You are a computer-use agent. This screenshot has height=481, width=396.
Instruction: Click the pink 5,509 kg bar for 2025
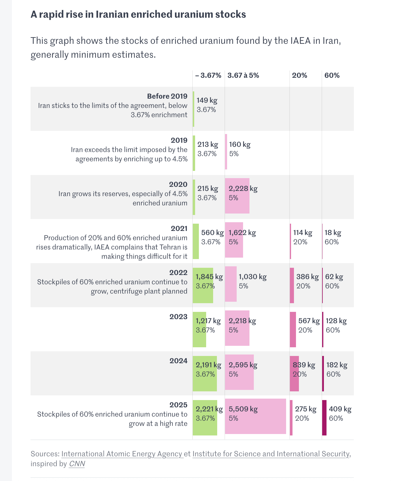coord(256,416)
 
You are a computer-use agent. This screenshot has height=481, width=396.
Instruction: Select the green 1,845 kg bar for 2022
coord(203,285)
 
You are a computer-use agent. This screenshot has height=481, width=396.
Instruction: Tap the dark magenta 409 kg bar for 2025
coord(324,418)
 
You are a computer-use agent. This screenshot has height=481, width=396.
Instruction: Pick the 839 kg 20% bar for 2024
coord(294,374)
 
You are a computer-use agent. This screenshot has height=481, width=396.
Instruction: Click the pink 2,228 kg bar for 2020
coord(237,196)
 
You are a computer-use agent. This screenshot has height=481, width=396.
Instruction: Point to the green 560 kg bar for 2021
coord(196,241)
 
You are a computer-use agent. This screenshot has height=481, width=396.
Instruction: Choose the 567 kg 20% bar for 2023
coord(293,330)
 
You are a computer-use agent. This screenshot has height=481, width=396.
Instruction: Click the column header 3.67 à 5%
coord(243,75)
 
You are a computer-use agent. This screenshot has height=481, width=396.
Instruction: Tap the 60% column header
coord(332,75)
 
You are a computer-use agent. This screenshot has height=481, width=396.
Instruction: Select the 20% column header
coord(300,75)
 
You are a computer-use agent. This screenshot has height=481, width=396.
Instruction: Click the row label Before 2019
coord(167,96)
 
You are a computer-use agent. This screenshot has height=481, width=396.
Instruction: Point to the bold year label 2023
coord(179,317)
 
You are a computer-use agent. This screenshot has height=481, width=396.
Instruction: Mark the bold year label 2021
coord(179,228)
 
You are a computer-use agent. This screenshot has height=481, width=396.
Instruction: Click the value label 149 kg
coord(207,100)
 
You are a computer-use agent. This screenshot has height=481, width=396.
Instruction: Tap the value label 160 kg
coord(240,144)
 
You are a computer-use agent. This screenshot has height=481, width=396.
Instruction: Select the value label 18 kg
coord(333,233)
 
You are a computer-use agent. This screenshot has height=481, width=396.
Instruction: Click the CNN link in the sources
coord(77,464)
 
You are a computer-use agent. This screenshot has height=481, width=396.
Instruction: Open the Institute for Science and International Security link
coord(271,454)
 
